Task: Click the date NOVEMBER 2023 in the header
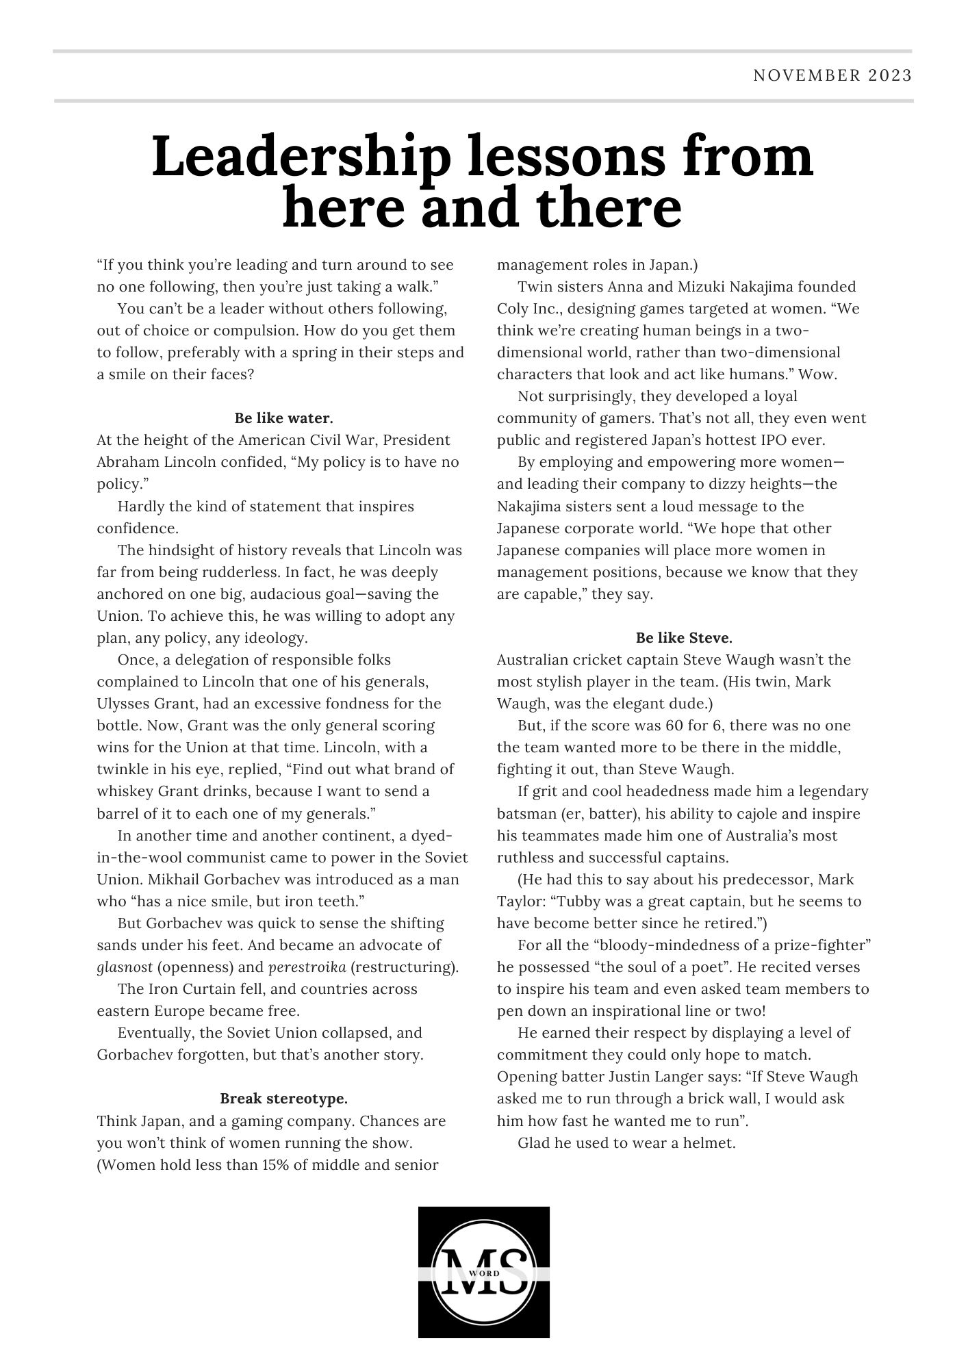pos(832,75)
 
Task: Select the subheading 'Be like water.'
pos(283,418)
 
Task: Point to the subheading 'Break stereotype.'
pos(283,1099)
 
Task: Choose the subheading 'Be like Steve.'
pos(684,638)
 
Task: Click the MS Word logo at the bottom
pos(483,1272)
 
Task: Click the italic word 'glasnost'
pos(125,967)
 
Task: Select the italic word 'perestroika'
pos(307,967)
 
